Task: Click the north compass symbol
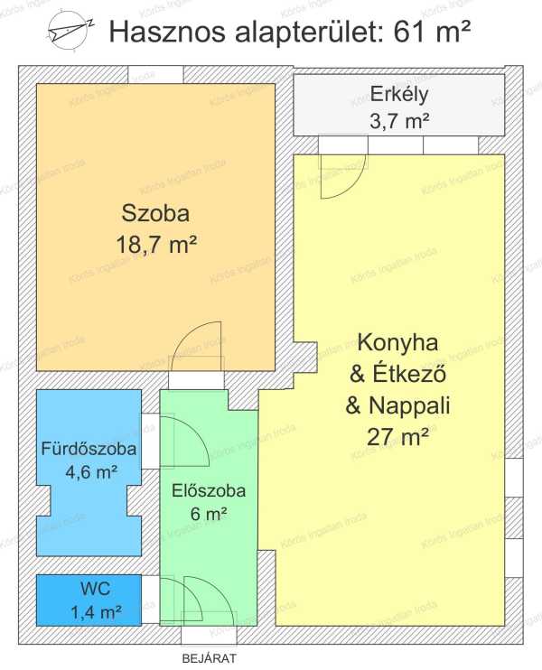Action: click(x=70, y=31)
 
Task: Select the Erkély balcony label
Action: click(x=399, y=95)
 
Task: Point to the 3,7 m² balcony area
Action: click(x=399, y=122)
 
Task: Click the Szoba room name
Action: click(x=155, y=213)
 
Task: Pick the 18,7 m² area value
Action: click(x=156, y=246)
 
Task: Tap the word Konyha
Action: click(x=398, y=343)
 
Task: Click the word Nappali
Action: click(x=409, y=405)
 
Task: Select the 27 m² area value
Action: click(x=397, y=437)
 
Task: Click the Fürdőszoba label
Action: click(x=89, y=449)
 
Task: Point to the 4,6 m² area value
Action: click(x=91, y=472)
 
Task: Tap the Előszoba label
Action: click(x=209, y=491)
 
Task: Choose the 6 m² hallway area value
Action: click(x=208, y=514)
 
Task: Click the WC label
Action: click(x=96, y=590)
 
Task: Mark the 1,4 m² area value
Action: click(x=96, y=613)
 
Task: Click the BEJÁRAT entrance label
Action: click(x=209, y=658)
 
